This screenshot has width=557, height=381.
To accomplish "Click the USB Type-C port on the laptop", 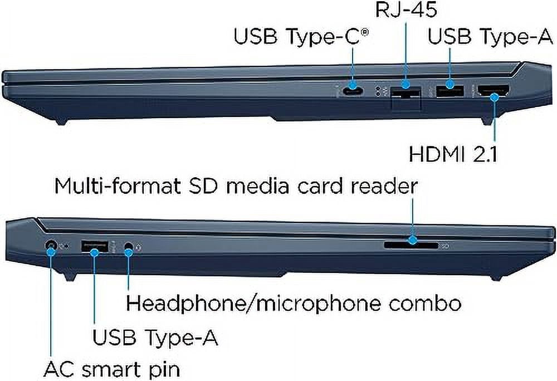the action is point(353,91).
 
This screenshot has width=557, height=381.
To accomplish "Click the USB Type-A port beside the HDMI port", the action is point(449,91).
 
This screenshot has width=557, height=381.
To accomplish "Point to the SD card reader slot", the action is point(412,245).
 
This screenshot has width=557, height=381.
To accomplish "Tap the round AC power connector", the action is point(51,245).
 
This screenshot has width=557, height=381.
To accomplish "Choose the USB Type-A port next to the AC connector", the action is point(95,246).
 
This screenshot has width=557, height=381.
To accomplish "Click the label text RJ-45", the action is point(406,10).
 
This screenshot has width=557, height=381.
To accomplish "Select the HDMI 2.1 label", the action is point(453,154).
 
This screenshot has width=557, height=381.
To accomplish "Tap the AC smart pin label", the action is point(112,370).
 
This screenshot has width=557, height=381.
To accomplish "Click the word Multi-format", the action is point(118,185).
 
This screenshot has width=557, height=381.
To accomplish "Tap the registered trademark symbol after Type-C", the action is point(364,33).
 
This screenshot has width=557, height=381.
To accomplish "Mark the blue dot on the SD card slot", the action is point(412,241).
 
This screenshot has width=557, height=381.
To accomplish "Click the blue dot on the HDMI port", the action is point(494,96).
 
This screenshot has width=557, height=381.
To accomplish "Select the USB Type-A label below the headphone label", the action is point(155,337).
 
